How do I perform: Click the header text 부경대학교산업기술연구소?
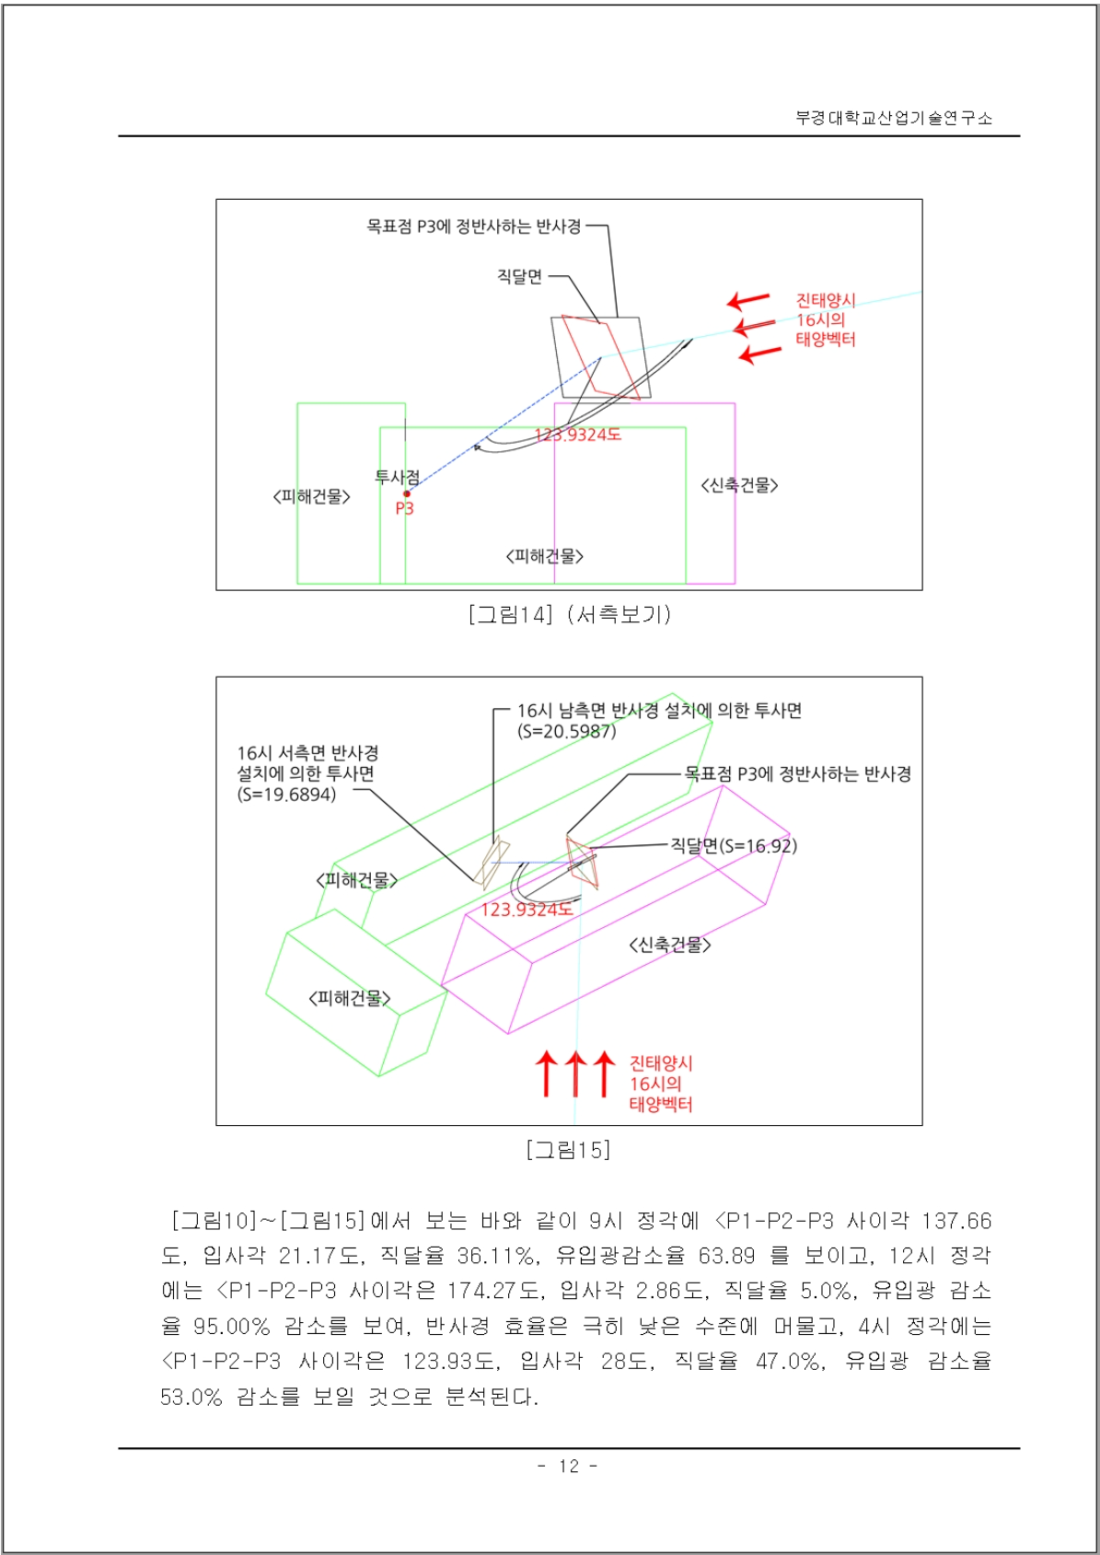(893, 118)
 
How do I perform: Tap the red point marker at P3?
(407, 493)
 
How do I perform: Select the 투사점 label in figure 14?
(398, 477)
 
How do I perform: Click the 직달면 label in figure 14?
(519, 276)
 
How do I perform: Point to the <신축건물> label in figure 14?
(739, 485)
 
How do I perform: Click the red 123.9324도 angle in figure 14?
(577, 435)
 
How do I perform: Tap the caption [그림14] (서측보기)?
(570, 614)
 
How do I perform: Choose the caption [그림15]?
(568, 1150)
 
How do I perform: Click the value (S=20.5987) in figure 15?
(566, 731)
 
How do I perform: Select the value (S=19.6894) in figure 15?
(286, 795)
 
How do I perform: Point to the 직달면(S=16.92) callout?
(734, 845)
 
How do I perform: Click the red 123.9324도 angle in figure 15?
(527, 910)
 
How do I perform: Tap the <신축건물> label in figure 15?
(670, 945)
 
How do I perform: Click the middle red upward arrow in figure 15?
(575, 1073)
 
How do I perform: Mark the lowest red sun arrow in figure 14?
(760, 354)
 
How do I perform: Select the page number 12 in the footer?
(569, 1466)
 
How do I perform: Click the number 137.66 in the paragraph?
(957, 1221)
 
